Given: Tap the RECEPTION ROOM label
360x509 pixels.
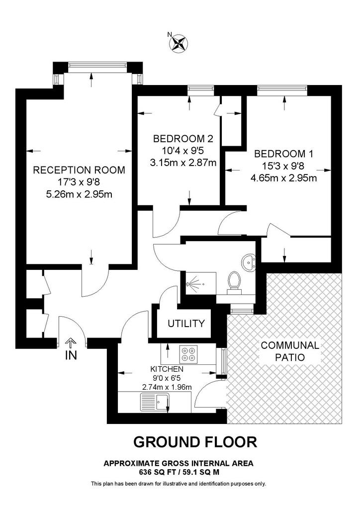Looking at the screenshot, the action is [79, 170].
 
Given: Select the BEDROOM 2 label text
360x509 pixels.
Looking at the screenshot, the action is [183, 139].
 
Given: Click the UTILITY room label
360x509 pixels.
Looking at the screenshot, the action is [186, 323].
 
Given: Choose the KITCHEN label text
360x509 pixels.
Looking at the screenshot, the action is [167, 369].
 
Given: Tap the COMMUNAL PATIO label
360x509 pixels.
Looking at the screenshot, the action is [290, 351].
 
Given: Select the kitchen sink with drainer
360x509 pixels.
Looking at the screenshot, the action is [155, 402].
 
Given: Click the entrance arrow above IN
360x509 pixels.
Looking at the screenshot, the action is [71, 343].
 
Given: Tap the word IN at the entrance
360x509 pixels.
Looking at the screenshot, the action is [71, 355].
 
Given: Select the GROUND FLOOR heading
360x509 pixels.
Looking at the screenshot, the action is [195, 442].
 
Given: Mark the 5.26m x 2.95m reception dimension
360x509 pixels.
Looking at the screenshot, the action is [80, 194].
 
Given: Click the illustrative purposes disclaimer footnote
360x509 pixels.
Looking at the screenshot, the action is [179, 484].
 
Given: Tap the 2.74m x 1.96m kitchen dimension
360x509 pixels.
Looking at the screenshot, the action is [167, 387].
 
